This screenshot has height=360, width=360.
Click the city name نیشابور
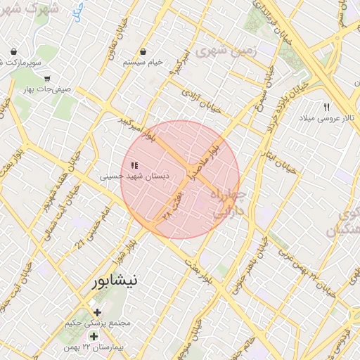pos(115,281)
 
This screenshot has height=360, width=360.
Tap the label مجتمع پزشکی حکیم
pos(98,323)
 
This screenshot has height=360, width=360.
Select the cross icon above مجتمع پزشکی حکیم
pos(97,312)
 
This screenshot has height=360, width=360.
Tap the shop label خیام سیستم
pos(143,62)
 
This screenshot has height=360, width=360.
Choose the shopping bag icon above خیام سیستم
pos(143,51)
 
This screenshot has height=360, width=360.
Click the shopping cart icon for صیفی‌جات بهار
pos(47,79)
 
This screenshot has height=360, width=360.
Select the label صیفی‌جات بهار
pos(48,90)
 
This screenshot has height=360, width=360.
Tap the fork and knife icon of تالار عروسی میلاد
pos(326,107)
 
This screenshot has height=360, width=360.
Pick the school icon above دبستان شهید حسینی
pos(134,165)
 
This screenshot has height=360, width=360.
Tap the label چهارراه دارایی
pos(229,202)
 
